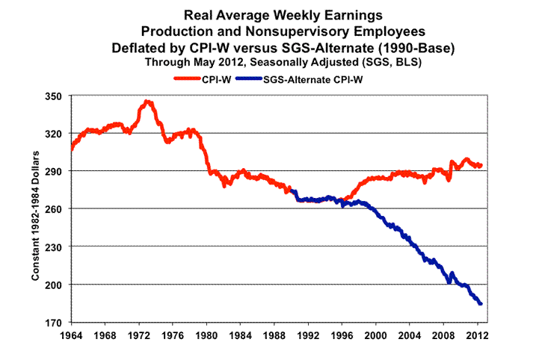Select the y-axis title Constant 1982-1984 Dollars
tap(35, 209)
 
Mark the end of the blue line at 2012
tap(481, 303)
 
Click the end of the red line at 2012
tap(481, 165)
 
